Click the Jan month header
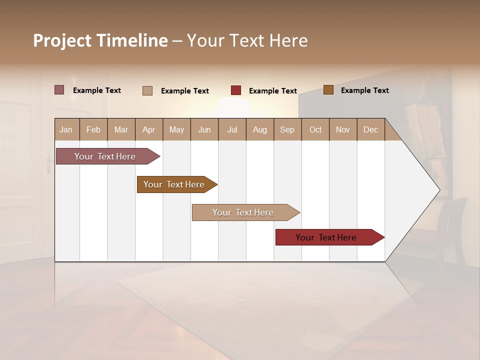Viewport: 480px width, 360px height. pos(66,129)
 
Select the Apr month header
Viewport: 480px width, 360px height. pos(149,129)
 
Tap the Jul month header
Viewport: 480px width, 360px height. pos(232,129)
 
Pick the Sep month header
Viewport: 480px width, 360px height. pos(287,129)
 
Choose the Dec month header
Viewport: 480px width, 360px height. pos(370,129)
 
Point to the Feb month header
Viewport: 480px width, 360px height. pos(93,129)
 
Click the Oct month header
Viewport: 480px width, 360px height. pos(315,129)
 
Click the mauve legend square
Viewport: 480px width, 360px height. pos(59,90)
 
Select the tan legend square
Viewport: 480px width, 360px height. pos(147,90)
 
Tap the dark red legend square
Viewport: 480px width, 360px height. pos(236,90)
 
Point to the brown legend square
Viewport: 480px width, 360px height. pos(328,90)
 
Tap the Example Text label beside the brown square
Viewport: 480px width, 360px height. pos(364,90)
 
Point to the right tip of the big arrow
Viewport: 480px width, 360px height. pos(438,189)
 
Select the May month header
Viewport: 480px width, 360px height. pos(176,129)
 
